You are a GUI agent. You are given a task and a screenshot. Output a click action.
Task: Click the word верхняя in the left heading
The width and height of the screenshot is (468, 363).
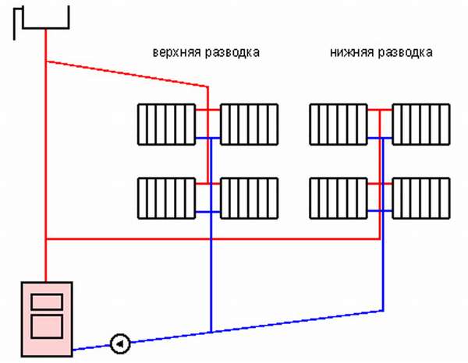pyautogui.click(x=177, y=53)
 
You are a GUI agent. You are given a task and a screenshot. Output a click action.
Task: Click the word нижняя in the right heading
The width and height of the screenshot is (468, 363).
pyautogui.click(x=352, y=52)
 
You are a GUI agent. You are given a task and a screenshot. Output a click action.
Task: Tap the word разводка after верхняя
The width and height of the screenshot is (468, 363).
pyautogui.click(x=232, y=53)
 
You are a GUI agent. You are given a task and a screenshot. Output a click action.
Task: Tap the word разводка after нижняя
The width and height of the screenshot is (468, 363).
pyautogui.click(x=406, y=53)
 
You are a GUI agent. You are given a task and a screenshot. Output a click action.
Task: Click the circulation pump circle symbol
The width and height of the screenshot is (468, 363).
pyautogui.click(x=120, y=344)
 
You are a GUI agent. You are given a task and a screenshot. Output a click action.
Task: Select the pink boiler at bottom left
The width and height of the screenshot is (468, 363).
pyautogui.click(x=47, y=319)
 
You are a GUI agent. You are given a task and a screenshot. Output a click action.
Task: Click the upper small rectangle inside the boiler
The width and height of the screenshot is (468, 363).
pyautogui.click(x=47, y=302)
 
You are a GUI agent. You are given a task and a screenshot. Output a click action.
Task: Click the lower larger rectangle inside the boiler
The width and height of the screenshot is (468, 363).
pyautogui.click(x=47, y=326)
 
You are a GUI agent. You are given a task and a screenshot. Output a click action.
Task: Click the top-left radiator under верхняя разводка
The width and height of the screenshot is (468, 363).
pyautogui.click(x=167, y=125)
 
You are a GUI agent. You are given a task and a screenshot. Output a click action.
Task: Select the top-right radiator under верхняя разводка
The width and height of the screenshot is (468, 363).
pyautogui.click(x=250, y=125)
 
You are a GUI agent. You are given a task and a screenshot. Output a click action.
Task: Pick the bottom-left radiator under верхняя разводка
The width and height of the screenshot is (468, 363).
pyautogui.click(x=167, y=198)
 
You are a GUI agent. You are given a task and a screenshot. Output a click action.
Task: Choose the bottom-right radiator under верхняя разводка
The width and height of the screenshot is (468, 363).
pyautogui.click(x=250, y=198)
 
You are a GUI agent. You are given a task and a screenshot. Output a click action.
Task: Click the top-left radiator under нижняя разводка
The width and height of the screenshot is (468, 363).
pyautogui.click(x=339, y=125)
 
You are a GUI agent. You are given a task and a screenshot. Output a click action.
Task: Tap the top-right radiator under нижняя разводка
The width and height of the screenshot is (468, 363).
pyautogui.click(x=421, y=125)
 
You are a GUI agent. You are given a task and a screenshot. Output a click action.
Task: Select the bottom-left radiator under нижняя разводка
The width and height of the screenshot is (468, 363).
pyautogui.click(x=339, y=198)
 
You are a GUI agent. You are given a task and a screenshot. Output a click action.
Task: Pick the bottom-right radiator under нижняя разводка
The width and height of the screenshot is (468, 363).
pyautogui.click(x=421, y=198)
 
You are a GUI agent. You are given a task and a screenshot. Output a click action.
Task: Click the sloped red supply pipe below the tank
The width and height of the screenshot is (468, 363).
pyautogui.click(x=127, y=74)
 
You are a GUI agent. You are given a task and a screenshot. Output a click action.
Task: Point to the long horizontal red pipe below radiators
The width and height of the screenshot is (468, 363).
pyautogui.click(x=213, y=238)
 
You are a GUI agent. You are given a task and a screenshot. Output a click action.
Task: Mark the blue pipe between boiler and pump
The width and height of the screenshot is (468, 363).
pyautogui.click(x=91, y=347)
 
